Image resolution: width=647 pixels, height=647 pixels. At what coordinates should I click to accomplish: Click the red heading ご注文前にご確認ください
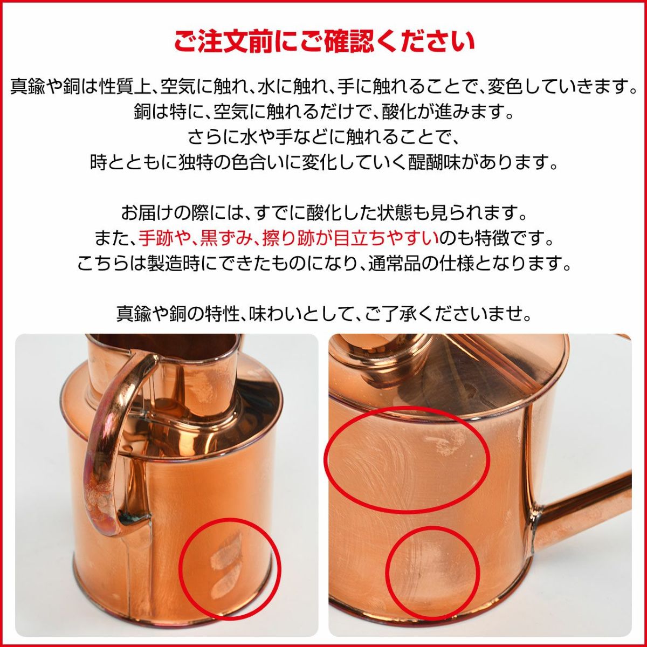click(324, 42)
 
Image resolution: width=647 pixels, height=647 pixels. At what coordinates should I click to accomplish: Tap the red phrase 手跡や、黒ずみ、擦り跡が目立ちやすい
click(288, 239)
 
